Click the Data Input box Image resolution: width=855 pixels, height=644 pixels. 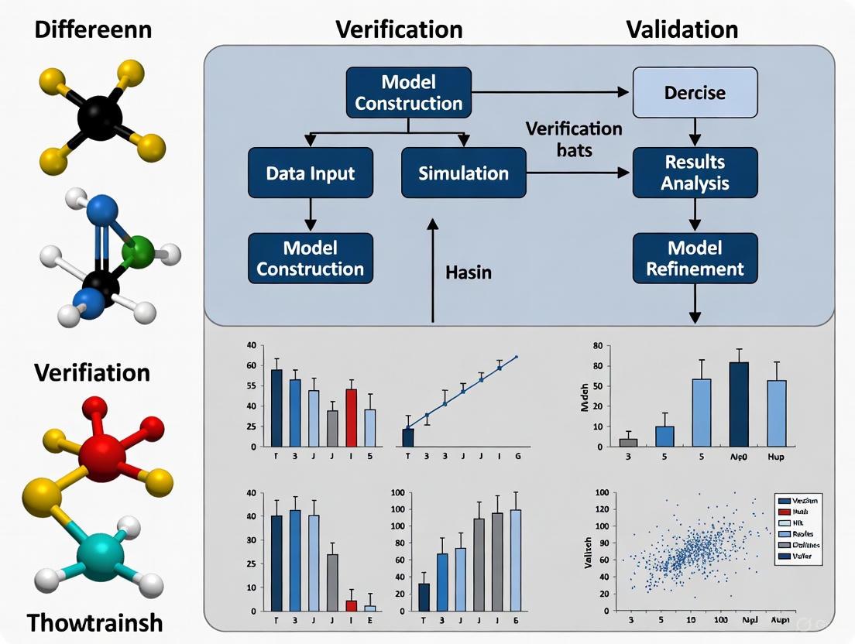(x=310, y=173)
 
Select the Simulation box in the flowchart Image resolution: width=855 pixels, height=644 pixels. (x=463, y=173)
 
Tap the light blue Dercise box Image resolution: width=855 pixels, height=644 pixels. (x=695, y=93)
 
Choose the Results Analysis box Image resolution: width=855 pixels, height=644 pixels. (x=695, y=173)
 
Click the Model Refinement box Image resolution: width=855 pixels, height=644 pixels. (x=695, y=259)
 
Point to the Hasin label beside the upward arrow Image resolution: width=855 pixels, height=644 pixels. (x=469, y=272)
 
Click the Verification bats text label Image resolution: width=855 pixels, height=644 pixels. (x=573, y=139)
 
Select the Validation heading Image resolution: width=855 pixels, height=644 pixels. (x=682, y=29)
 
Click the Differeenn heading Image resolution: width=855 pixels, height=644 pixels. (x=93, y=30)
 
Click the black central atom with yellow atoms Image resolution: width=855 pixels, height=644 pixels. (x=100, y=118)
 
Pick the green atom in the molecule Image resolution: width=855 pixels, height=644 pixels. (x=138, y=253)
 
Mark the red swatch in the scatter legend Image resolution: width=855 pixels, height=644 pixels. (x=785, y=512)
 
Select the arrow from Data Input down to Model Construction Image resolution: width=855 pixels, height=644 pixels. (x=310, y=214)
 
